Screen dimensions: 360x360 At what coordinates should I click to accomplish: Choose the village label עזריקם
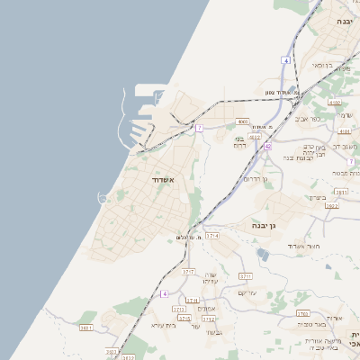tap(247, 292)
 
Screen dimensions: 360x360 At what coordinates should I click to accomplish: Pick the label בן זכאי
tap(321, 66)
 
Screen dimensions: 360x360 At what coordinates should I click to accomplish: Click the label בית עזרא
tap(162, 325)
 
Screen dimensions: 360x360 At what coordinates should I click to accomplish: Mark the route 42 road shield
tap(268, 146)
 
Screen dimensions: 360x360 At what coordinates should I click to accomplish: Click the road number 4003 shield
tap(256, 138)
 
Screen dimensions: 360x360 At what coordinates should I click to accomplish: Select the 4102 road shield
tap(335, 103)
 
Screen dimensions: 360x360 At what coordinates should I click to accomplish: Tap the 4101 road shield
tap(345, 131)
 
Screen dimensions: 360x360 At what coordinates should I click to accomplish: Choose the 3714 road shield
tap(212, 236)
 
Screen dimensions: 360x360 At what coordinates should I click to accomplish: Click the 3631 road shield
tap(341, 192)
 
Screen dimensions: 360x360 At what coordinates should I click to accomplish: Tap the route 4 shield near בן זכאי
tap(285, 60)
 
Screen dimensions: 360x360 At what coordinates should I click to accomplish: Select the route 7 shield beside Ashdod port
tap(199, 129)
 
